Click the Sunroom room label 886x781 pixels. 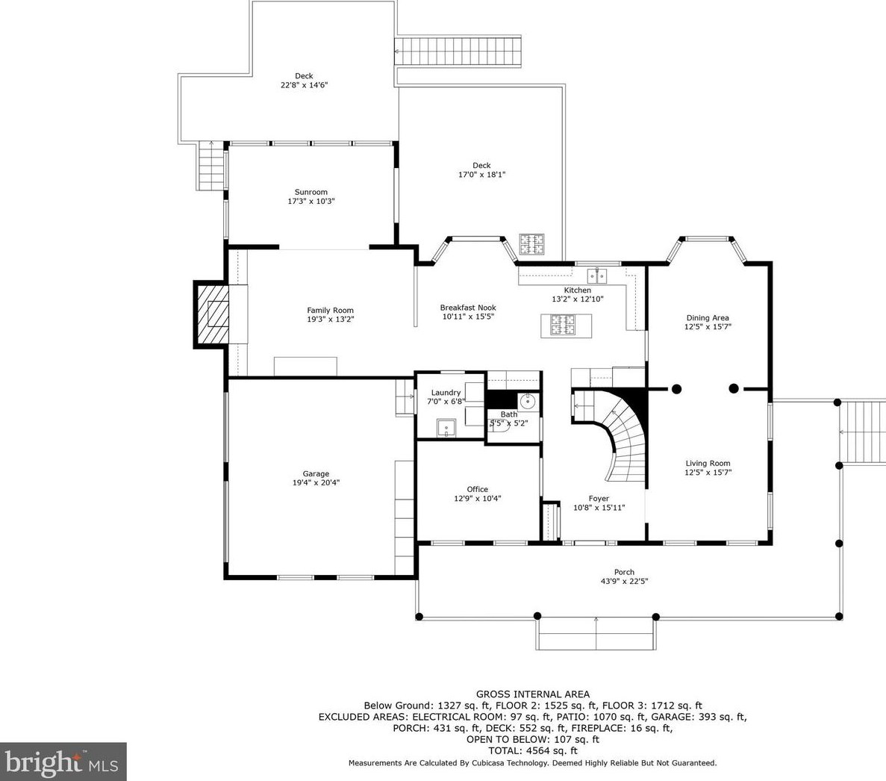click(311, 192)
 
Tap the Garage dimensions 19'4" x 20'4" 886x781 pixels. click(316, 483)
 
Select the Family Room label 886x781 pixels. click(330, 310)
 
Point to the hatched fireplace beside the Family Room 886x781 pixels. click(211, 314)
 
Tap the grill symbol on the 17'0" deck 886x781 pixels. click(533, 244)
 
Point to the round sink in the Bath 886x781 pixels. click(528, 402)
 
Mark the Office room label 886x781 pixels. click(477, 489)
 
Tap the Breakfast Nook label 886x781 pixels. click(467, 308)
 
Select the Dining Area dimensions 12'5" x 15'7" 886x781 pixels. click(708, 327)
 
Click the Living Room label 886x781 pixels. click(708, 463)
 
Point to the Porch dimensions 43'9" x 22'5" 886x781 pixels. click(624, 582)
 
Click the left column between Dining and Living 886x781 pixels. click(676, 388)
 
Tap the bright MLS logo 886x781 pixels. click(63, 762)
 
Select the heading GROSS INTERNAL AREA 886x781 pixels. click(532, 694)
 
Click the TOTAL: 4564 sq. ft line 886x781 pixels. click(532, 750)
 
